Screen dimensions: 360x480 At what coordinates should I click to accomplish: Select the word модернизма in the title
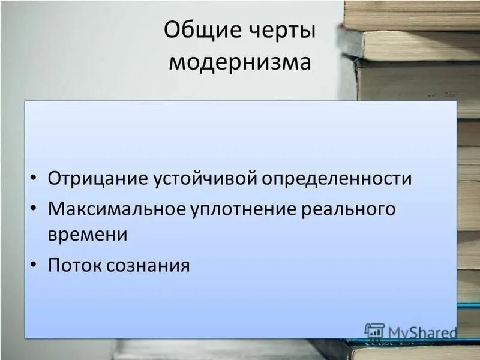pos(240,62)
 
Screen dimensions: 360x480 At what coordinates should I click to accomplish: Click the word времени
pos(88,235)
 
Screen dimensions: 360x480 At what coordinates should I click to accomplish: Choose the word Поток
pos(74,265)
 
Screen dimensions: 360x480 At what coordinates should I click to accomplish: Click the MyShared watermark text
pos(422,332)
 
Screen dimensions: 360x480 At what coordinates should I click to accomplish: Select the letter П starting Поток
pos(54,265)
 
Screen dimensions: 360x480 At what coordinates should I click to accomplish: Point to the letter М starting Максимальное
pos(56,209)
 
